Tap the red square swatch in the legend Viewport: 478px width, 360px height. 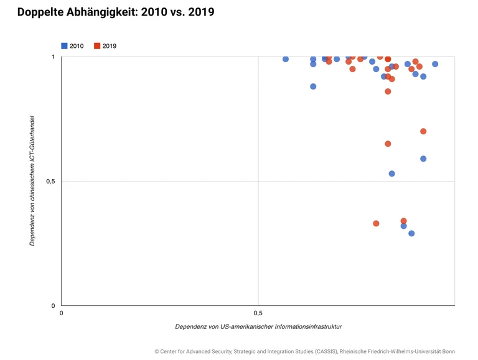click(x=96, y=46)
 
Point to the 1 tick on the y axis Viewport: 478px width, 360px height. click(x=53, y=57)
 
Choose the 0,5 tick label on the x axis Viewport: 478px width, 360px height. click(x=258, y=312)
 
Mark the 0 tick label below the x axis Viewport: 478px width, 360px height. click(x=61, y=312)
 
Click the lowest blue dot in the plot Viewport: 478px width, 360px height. click(x=411, y=233)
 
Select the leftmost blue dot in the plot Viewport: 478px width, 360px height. click(x=286, y=59)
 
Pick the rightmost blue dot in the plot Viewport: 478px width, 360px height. click(x=435, y=64)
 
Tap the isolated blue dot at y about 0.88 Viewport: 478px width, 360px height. click(x=313, y=86)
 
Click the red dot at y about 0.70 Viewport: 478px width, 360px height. click(x=423, y=131)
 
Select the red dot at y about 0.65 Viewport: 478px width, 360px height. click(x=388, y=144)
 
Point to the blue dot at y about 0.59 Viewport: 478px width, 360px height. click(x=423, y=159)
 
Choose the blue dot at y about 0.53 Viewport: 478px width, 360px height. click(x=391, y=173)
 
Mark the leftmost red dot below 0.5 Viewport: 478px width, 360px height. click(x=376, y=223)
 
